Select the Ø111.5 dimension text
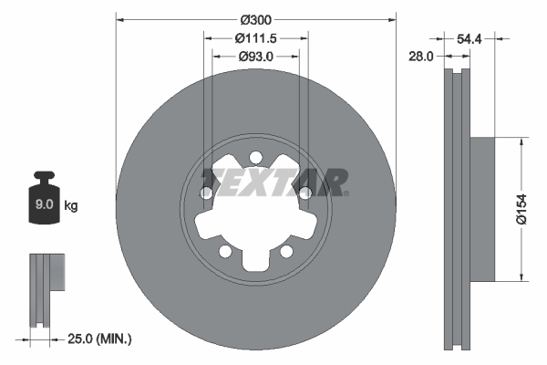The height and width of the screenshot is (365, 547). (256, 38)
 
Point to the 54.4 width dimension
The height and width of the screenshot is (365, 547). (469, 39)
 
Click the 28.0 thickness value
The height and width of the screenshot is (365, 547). (419, 57)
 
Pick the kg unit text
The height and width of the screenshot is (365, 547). (71, 206)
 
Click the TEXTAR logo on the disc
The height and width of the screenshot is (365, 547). (273, 182)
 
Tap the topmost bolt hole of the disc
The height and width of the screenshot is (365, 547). (256, 156)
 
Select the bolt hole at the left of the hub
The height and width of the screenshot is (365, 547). (207, 193)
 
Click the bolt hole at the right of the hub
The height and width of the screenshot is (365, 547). (305, 193)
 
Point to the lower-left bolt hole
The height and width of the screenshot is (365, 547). (225, 251)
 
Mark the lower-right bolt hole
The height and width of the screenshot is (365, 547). (286, 251)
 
